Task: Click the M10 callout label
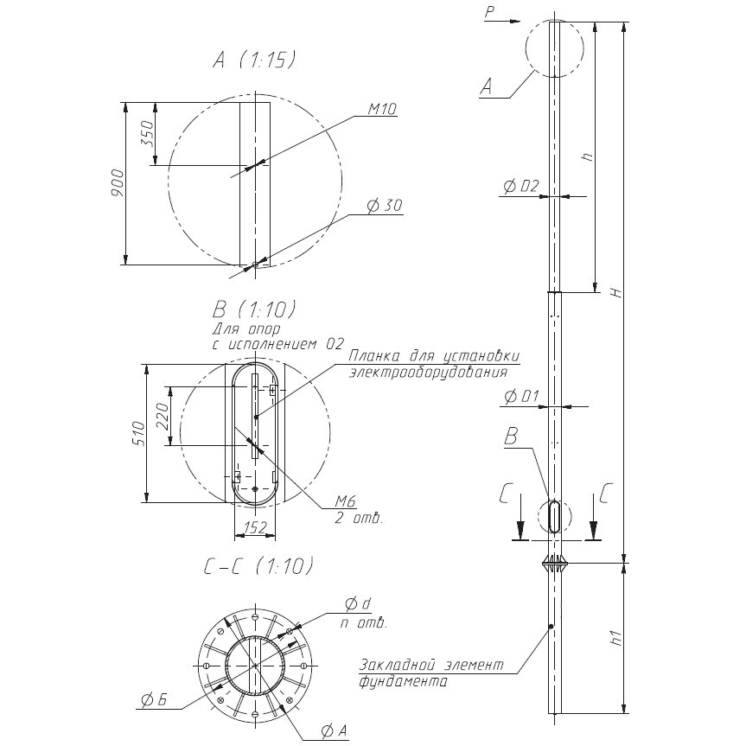point(383,110)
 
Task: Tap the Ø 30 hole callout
point(385,206)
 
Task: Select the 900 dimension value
point(117,183)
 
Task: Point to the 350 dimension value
point(149,133)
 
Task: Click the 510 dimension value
point(138,433)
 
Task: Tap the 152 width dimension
point(256,527)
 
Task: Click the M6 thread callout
point(346,501)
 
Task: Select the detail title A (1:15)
point(255,61)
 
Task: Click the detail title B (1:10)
point(254,310)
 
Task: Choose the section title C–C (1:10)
point(259,565)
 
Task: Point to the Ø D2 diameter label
point(521,186)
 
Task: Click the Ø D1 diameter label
point(521,396)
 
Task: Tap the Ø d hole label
point(358,604)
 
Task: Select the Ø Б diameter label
point(154,700)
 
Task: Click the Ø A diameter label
point(334,732)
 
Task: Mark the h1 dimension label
point(617,638)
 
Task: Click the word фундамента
point(403,682)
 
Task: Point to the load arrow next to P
point(509,22)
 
